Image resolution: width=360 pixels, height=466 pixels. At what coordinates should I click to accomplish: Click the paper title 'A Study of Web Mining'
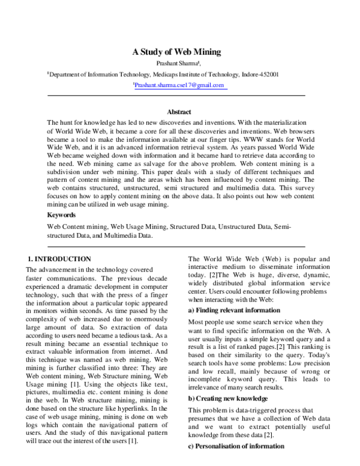tap(176, 52)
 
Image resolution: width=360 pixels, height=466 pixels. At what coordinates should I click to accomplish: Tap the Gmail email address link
tap(179, 86)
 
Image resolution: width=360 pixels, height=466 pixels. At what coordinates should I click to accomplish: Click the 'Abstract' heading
tap(179, 112)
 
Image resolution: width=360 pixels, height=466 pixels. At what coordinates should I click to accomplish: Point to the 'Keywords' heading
tap(61, 214)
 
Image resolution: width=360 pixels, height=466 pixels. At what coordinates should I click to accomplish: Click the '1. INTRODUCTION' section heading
tap(59, 258)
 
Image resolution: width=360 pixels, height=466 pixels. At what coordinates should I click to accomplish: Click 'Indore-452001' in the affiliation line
tap(259, 74)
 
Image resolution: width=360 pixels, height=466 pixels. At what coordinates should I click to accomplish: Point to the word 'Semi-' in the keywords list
tap(282, 227)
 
